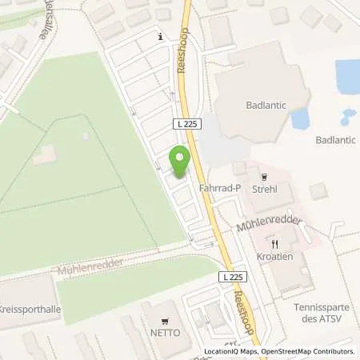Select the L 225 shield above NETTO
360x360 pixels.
point(231,277)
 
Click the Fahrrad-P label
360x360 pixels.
point(222,188)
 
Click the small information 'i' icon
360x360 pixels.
point(162,36)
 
